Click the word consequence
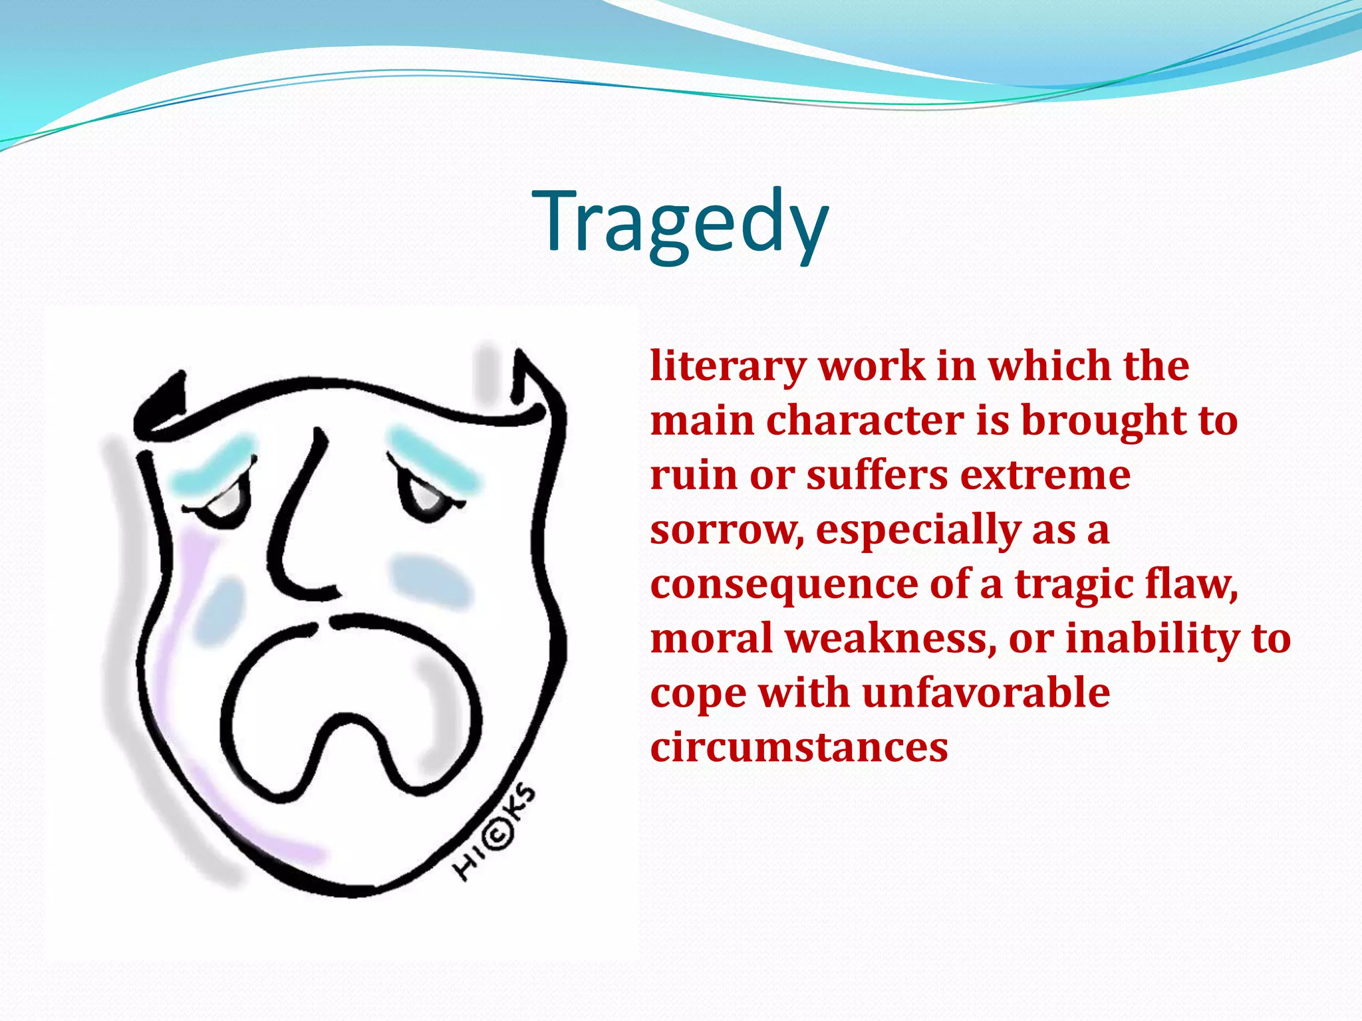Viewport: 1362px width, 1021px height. [x=784, y=585]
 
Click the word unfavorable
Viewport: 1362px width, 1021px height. [x=986, y=693]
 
